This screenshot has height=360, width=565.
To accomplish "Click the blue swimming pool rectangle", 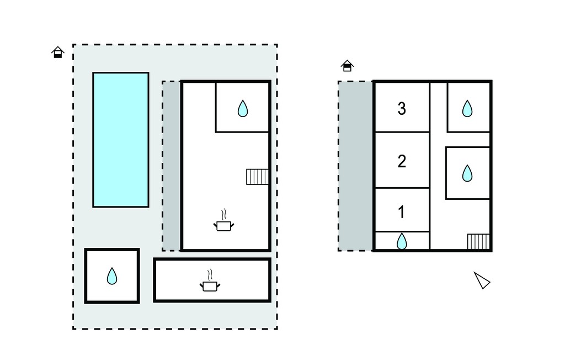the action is coord(121,140).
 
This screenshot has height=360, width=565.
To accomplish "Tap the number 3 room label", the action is coord(402,108).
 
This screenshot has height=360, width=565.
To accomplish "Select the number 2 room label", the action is coord(402,161).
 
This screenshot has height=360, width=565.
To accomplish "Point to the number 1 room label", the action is coord(402,212).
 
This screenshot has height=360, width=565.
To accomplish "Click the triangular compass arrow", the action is coord(482,280).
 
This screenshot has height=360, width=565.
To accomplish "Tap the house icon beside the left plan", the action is coord(57,52).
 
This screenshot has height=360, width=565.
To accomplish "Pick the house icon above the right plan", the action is coord(347,66).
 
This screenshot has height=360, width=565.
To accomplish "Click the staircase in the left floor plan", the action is coord(257,177).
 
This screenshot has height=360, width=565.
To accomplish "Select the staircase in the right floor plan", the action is coord(478,241).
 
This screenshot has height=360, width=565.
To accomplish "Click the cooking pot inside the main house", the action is coord(224,226).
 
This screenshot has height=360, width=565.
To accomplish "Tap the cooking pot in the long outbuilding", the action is coord(210,286).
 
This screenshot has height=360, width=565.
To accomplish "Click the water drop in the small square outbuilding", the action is coord(112,276).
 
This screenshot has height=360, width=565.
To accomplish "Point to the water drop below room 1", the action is coord(402,241).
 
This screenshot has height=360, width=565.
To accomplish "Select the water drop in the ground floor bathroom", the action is coord(243,108).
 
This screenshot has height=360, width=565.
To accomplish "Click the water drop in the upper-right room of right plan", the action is coord(467,108).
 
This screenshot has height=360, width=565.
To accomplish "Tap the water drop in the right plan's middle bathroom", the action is coord(467,173).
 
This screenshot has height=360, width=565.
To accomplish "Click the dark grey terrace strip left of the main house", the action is coord(172,166).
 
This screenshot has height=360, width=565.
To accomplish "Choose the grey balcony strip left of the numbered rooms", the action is coord(356,166).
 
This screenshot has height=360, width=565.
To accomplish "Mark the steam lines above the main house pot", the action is coord(224,214).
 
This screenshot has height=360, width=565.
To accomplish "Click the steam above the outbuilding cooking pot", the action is coord(210,275).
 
